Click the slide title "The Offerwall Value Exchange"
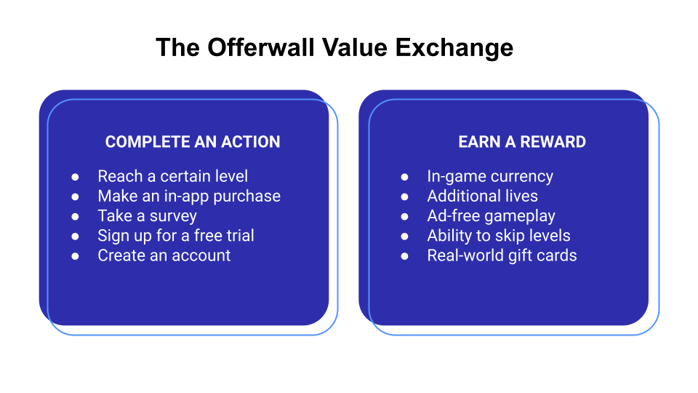click(334, 48)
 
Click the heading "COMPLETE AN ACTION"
click(193, 143)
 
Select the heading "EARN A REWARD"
click(522, 143)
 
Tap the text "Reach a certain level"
click(172, 176)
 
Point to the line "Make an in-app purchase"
click(189, 196)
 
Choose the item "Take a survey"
click(147, 216)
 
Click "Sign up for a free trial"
click(176, 236)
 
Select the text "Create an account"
click(164, 255)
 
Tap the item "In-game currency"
click(490, 176)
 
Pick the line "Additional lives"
click(482, 196)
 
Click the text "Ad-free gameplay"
click(491, 216)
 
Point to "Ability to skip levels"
click(498, 236)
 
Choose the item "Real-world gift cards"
click(502, 255)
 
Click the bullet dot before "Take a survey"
click(75, 217)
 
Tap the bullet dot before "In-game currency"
click(404, 177)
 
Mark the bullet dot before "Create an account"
click(75, 256)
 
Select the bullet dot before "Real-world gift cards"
click(404, 256)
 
